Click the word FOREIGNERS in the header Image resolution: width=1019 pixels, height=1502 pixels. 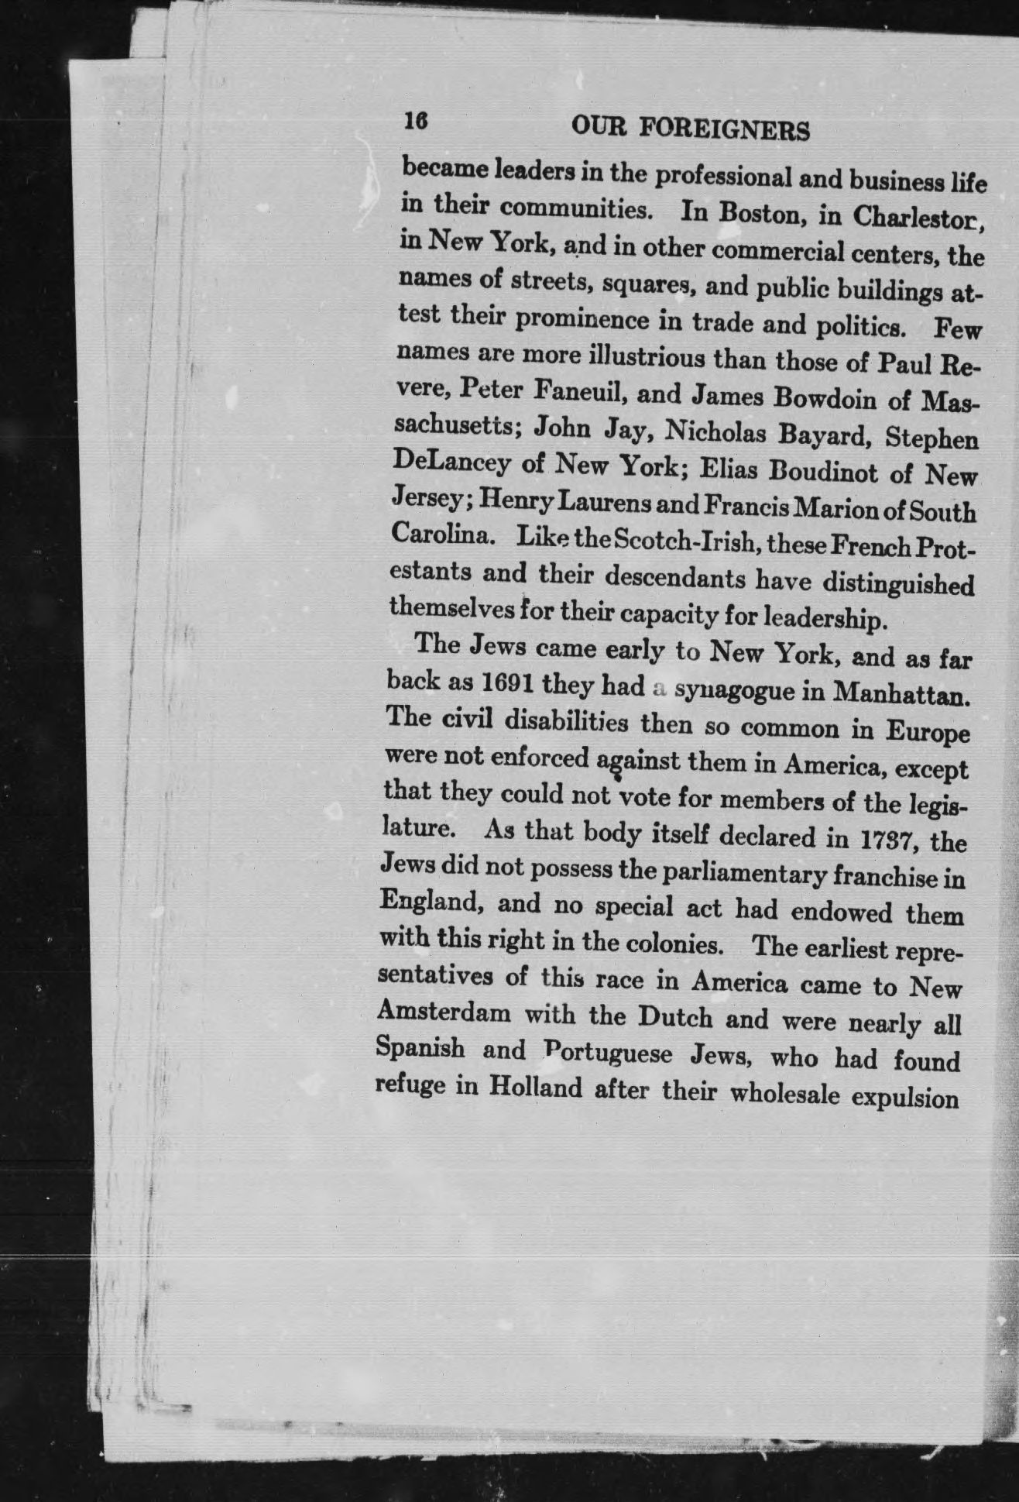[x=724, y=129]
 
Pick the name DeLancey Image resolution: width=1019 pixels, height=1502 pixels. [x=452, y=462]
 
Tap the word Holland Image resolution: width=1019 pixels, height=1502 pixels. [x=535, y=1087]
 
